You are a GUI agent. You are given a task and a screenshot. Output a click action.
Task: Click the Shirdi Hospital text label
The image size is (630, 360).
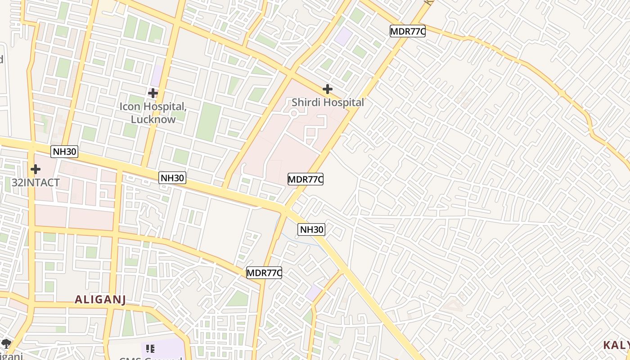click(x=328, y=103)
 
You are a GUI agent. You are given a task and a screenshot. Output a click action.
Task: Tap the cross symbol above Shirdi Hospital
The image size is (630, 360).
click(x=328, y=89)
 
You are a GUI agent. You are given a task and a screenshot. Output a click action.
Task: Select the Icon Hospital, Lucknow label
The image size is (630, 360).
click(x=153, y=113)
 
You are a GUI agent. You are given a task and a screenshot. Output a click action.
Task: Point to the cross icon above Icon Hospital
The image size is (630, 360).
click(x=153, y=93)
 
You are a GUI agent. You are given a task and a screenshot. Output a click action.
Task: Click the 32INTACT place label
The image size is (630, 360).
click(x=36, y=183)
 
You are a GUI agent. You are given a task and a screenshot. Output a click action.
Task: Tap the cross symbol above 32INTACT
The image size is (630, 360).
click(x=36, y=169)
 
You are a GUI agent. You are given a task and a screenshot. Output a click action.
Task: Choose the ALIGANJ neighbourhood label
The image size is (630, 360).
click(x=100, y=299)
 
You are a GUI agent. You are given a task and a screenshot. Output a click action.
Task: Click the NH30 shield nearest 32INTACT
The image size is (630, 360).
click(x=64, y=152)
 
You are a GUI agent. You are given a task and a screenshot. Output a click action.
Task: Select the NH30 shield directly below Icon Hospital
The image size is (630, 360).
click(x=172, y=178)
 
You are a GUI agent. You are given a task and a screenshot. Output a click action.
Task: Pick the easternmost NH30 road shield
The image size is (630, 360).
click(x=311, y=229)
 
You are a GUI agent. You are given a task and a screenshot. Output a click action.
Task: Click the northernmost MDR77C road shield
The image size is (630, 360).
click(x=407, y=31)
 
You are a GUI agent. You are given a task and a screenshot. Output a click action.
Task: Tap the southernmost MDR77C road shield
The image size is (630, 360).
click(x=264, y=272)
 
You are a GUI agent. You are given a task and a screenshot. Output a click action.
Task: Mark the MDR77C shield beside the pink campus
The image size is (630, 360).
click(x=306, y=179)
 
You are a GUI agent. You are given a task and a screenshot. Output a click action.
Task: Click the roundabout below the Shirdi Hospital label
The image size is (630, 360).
click(x=294, y=114)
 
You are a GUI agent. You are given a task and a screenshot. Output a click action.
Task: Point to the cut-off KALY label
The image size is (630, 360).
click(x=616, y=345)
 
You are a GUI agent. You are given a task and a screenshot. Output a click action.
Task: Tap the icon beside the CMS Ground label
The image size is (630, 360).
click(x=150, y=349)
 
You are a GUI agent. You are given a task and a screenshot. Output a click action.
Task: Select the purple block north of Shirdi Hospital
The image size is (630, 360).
click(x=344, y=36)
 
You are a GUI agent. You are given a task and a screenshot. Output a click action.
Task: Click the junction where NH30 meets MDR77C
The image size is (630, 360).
click(x=285, y=209)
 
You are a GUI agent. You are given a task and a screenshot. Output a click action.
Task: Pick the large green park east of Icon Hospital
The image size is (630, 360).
click(x=209, y=121)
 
